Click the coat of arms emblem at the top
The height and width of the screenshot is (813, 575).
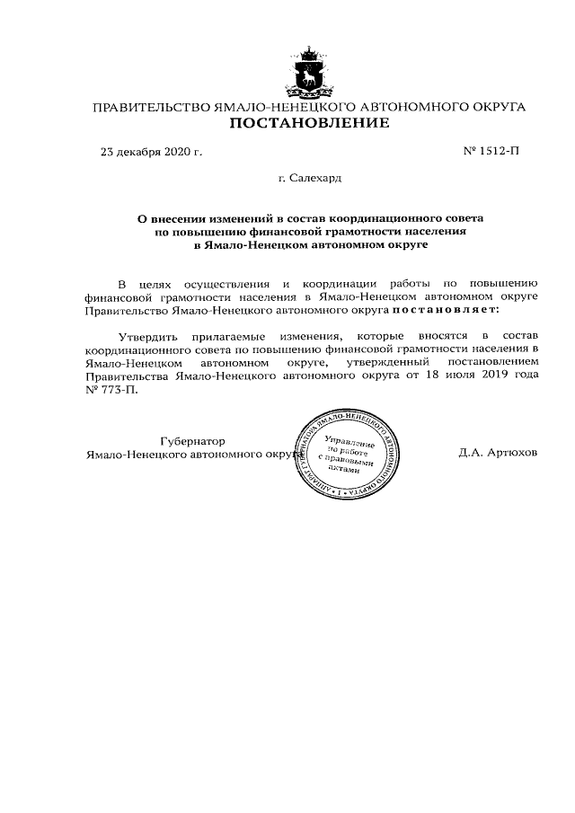[x=310, y=70]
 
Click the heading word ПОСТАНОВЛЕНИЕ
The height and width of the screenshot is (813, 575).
[x=310, y=123]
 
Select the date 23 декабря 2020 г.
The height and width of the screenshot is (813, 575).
[x=151, y=151]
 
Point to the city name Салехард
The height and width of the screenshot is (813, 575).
[x=316, y=178]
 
